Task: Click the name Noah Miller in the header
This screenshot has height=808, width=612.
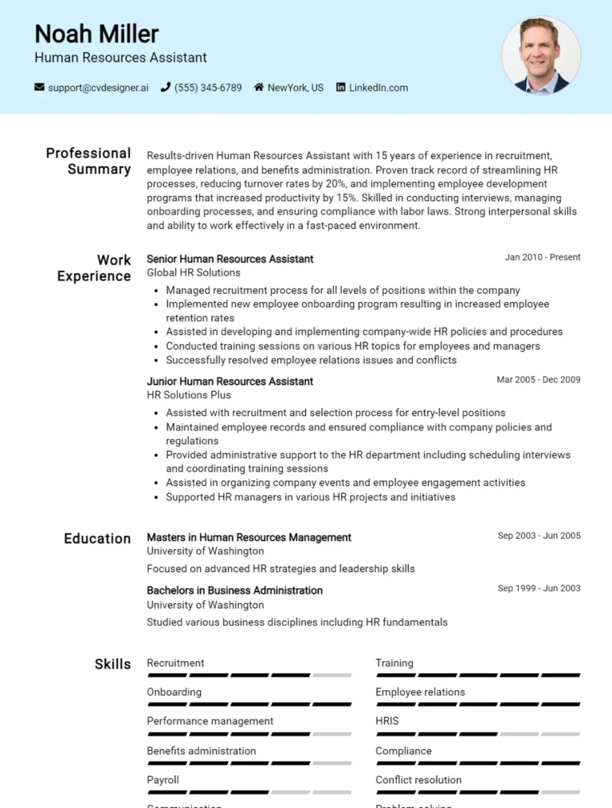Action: coord(96,33)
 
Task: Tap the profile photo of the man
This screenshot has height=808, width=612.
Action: coord(541,56)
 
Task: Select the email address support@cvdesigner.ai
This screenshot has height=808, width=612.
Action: coord(98,88)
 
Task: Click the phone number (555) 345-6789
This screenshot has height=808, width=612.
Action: coord(208,88)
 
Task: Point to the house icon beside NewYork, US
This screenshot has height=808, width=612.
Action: coord(259,88)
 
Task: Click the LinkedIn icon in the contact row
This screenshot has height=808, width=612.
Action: coord(341,88)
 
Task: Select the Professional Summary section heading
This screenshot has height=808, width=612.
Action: coord(88,161)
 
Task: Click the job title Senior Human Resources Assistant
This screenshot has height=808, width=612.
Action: coord(229,259)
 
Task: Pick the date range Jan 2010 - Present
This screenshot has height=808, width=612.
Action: coord(542,257)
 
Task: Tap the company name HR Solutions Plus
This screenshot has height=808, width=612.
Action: coord(189,395)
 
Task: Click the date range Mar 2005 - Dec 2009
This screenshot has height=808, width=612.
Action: coord(538,380)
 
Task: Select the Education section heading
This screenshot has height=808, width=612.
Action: coord(97,539)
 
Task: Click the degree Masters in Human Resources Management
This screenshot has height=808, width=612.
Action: coord(249,538)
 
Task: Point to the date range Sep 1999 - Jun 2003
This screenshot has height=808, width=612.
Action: coord(539,589)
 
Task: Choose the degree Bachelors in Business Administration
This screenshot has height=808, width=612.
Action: coord(234,590)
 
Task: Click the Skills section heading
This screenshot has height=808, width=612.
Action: coord(112,665)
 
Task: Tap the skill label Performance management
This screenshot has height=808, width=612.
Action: coord(210,721)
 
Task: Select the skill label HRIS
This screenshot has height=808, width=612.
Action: coord(387,721)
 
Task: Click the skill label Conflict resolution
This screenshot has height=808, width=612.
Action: coord(418,780)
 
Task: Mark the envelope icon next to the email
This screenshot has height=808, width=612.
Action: coord(39,88)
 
